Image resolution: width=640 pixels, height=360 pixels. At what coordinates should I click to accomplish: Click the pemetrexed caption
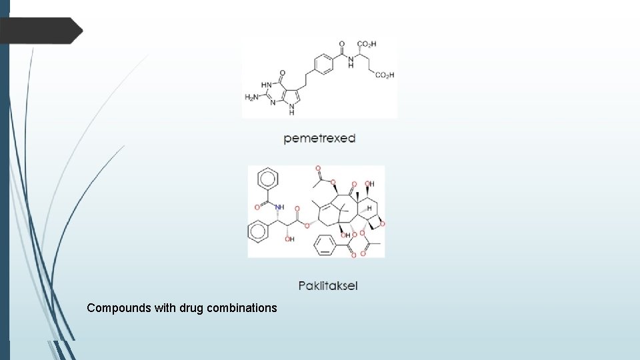[319, 139]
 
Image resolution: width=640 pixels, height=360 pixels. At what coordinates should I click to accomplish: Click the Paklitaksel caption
[327, 286]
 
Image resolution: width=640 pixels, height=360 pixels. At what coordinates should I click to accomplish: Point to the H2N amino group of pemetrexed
[252, 97]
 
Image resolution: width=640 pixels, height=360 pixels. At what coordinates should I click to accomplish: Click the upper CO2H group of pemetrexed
[367, 44]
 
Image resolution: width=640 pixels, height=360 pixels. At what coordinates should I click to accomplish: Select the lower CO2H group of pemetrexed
[385, 75]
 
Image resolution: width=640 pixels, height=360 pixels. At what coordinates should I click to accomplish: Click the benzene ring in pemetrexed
[323, 64]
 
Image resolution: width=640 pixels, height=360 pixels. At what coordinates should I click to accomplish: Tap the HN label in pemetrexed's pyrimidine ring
[266, 85]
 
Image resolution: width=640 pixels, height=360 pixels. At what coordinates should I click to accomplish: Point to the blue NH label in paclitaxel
[279, 207]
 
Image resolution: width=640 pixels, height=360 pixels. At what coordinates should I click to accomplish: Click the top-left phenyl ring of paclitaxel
[267, 179]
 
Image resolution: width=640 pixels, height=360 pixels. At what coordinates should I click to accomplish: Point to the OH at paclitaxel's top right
[369, 184]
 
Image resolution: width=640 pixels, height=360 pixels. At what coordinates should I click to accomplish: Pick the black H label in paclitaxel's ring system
[369, 209]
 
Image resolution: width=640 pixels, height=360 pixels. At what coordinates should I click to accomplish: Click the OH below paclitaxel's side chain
[290, 239]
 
